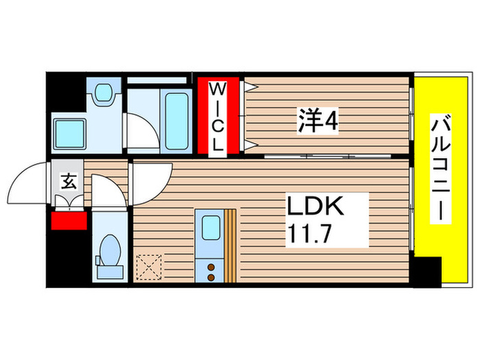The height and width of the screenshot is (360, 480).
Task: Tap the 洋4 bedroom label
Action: tap(317, 123)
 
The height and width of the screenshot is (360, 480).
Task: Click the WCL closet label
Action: tap(217, 117)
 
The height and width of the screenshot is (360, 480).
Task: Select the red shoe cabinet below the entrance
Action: tap(69, 221)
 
